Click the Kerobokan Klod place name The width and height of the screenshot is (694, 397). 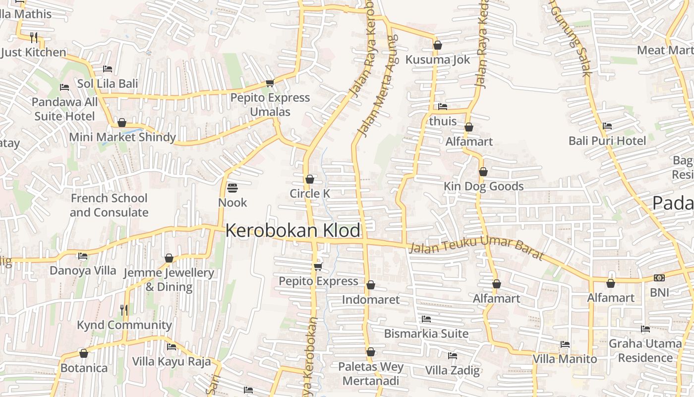coord(292,231)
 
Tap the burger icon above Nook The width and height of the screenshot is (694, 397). coord(232,188)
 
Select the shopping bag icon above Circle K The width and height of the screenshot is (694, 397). coord(310,179)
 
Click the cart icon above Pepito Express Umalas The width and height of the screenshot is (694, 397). coord(270,83)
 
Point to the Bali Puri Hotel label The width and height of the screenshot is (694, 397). coord(607,141)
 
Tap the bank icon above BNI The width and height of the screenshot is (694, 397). coord(659,278)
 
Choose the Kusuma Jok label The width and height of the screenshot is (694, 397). coord(438,60)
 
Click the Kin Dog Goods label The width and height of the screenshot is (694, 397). coord(483,187)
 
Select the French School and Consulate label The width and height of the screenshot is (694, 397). coord(109,205)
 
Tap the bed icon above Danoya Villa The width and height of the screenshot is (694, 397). coord(83,256)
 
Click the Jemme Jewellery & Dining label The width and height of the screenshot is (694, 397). coord(169,279)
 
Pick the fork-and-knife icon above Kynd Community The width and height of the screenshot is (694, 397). coord(124,310)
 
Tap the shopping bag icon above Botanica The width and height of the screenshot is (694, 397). coord(84,354)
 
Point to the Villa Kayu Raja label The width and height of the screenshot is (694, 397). coord(171,361)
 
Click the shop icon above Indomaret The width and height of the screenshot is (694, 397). coord(370,285)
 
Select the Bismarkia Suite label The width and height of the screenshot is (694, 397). coord(426,333)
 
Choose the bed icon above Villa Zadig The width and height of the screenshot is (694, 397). coord(452,356)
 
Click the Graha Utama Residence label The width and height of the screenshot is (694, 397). coord(645,350)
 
